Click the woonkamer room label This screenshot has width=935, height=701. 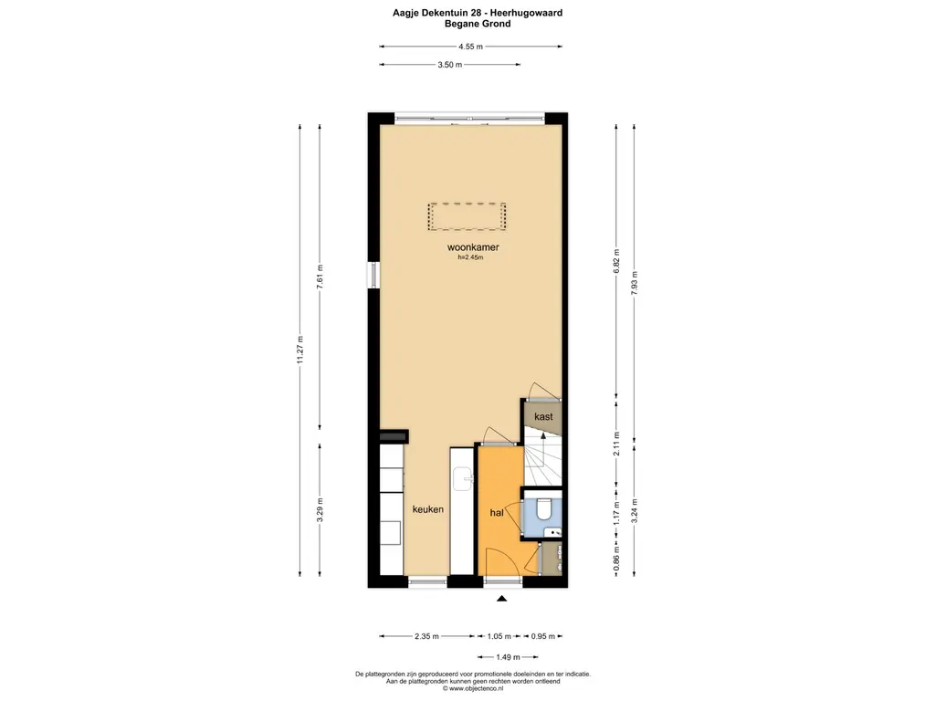[472, 247]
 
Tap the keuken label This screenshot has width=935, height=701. [427, 509]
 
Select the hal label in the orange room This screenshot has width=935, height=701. [498, 513]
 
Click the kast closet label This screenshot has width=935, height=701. [543, 416]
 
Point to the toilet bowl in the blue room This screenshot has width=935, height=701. [545, 507]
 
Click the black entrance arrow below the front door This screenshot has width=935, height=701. [500, 599]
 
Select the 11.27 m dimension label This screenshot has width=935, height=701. [301, 350]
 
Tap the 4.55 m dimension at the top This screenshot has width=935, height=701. [472, 47]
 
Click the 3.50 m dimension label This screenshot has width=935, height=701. [449, 65]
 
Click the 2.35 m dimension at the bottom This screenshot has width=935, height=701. [426, 636]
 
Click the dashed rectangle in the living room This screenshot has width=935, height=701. [467, 216]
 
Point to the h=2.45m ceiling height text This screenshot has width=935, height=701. [470, 257]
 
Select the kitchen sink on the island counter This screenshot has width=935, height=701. [464, 476]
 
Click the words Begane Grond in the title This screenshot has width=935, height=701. [471, 24]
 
